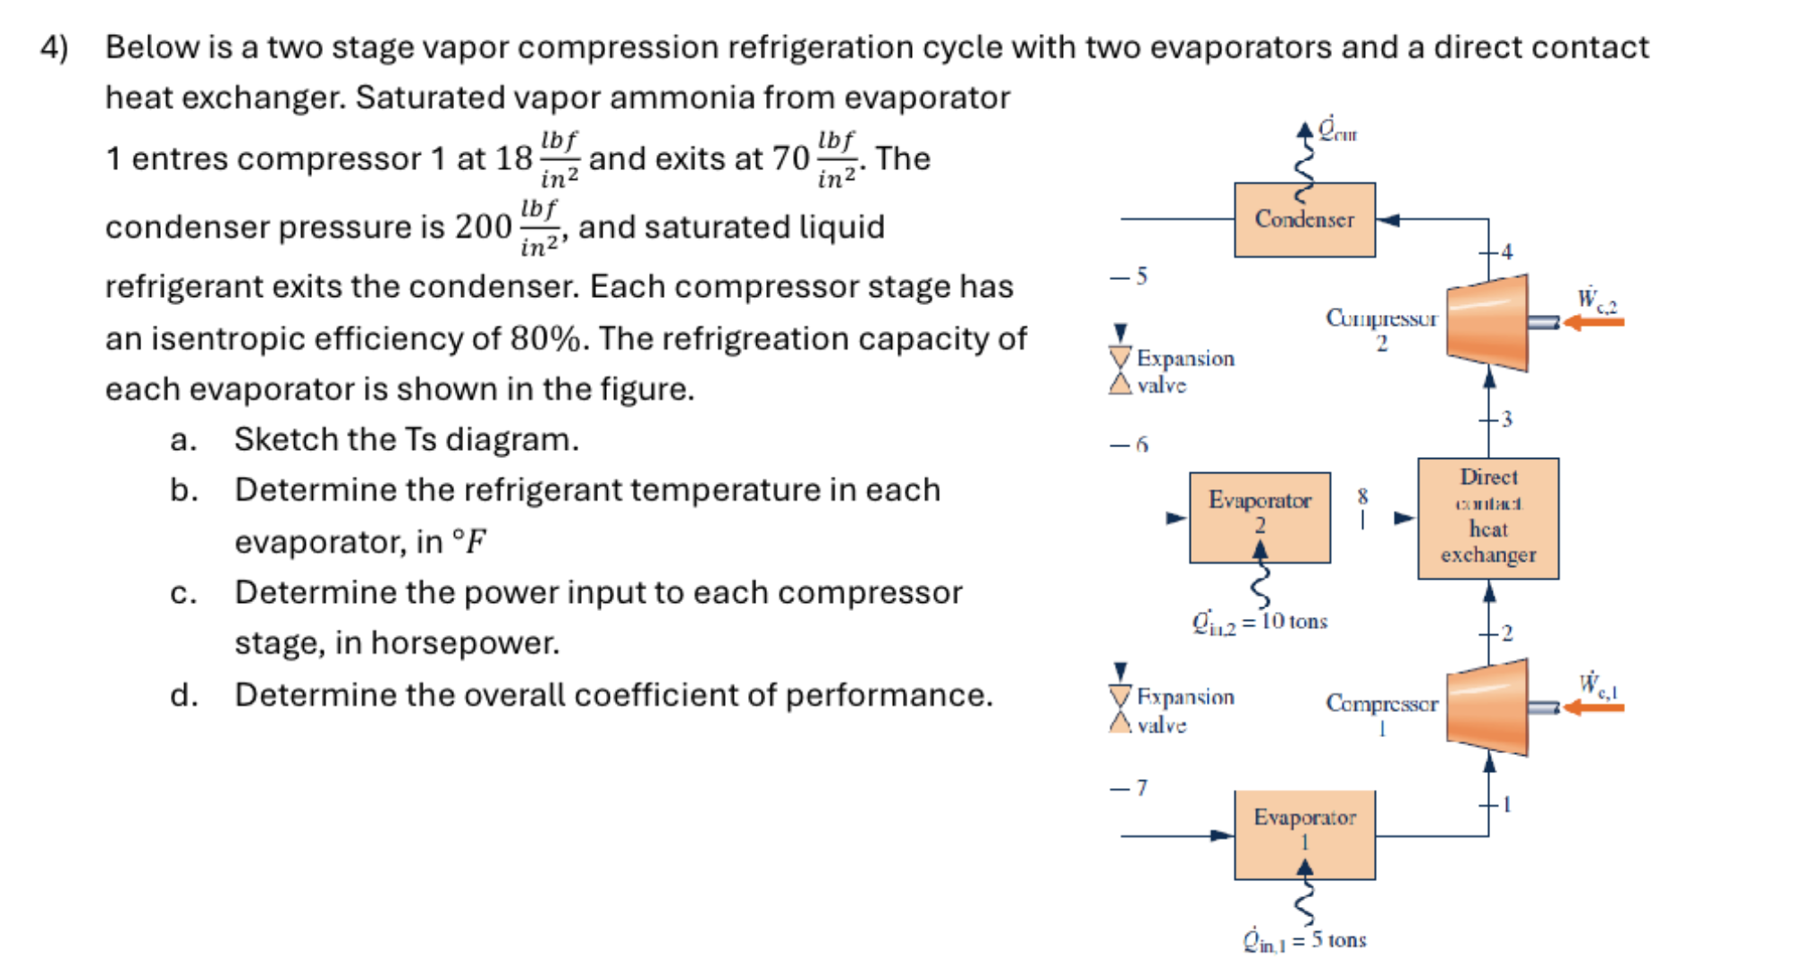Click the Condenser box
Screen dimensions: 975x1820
1304,220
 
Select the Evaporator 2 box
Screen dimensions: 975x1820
1260,517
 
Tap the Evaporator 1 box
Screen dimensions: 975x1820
1304,835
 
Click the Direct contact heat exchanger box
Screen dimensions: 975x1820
1487,518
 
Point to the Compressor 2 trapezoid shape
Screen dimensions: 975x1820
1487,323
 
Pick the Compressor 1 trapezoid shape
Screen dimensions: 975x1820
1487,708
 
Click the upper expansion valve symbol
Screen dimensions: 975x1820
1120,371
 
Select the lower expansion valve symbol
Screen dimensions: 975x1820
1120,709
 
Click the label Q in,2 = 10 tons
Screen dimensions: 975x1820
1260,622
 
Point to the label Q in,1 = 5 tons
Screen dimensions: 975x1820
1304,940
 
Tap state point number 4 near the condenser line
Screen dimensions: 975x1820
1507,251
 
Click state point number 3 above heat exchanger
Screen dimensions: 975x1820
1507,419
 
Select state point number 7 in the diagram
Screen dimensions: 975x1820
1142,788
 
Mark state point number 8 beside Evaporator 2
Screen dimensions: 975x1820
1362,496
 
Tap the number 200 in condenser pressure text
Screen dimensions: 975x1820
483,227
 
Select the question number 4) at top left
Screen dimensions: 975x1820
55,47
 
